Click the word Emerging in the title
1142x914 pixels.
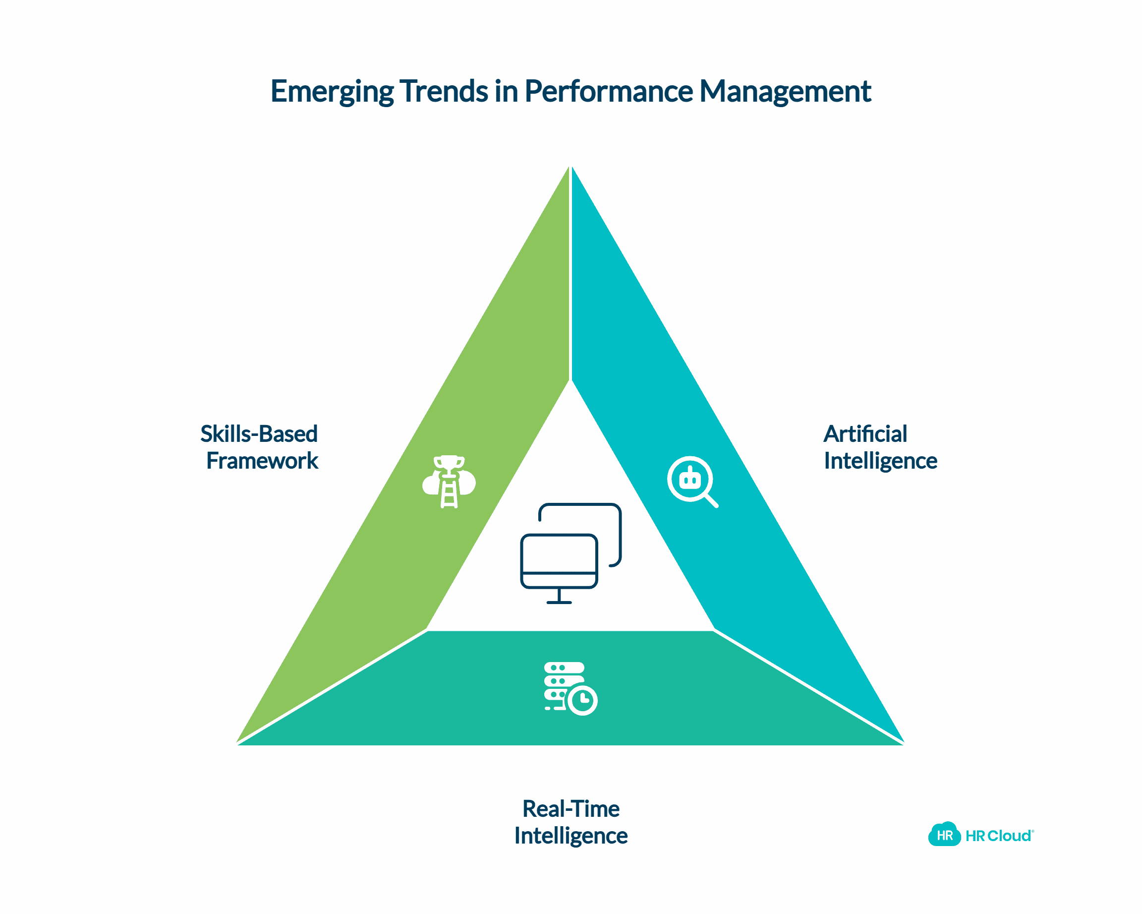coord(332,91)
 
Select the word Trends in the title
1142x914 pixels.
coord(443,91)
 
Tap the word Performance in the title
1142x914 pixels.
coord(609,91)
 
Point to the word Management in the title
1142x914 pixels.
coord(785,91)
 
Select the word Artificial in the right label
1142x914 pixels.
coord(865,434)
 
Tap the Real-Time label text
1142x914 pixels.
coord(571,809)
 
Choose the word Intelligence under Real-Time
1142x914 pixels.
coord(571,836)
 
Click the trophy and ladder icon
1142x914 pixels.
coord(449,482)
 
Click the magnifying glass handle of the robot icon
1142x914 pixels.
coord(711,501)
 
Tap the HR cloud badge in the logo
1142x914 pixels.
coord(944,836)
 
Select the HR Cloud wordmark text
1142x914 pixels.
coord(998,836)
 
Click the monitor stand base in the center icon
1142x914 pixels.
coord(559,603)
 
